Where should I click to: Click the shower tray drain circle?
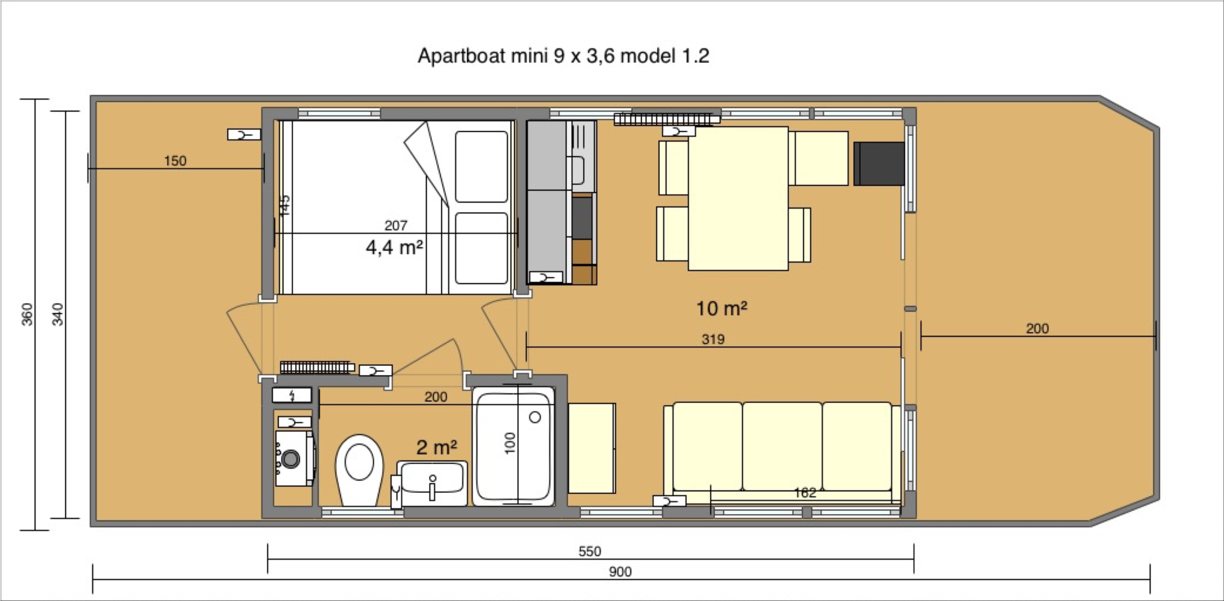(x=535, y=417)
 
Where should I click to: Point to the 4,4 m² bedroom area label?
(x=394, y=247)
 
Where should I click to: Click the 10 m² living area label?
(x=721, y=309)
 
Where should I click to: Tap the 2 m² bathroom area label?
(x=436, y=447)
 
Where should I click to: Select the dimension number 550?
(x=589, y=552)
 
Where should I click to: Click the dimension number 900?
(x=620, y=572)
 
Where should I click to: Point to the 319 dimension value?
(x=713, y=339)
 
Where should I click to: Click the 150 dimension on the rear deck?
(x=175, y=161)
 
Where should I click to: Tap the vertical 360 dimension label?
(x=27, y=314)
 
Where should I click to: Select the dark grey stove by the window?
(x=878, y=164)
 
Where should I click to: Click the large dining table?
(x=738, y=198)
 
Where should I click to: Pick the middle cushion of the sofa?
(x=782, y=446)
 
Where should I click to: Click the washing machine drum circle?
(x=290, y=459)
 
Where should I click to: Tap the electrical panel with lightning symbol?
(x=292, y=395)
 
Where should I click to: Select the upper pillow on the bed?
(x=481, y=166)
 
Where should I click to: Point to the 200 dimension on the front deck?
(x=1037, y=328)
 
